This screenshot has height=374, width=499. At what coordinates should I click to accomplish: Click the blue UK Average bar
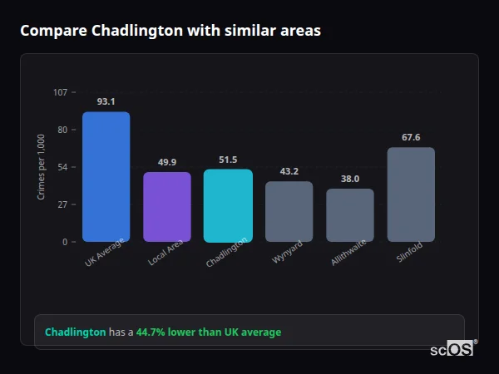coord(106,177)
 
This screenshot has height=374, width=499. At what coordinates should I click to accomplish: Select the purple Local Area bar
coord(167,207)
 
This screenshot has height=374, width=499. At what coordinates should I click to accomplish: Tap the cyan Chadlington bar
coord(228,205)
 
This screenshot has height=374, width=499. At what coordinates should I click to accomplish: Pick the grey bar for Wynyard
coord(289,211)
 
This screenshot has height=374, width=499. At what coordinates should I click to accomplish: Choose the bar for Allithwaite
coord(350,215)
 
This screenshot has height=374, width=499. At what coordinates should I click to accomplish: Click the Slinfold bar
coord(411,194)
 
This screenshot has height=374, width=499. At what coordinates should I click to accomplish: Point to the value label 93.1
coord(106,101)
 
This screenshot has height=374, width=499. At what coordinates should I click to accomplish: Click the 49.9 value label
coord(167,162)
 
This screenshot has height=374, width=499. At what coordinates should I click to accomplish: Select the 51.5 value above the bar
coord(228,160)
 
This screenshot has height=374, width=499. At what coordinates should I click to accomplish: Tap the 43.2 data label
coord(289,171)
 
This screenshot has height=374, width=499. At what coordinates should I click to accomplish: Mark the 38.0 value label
coord(350,179)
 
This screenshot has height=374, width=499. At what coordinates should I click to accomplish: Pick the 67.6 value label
coord(411,137)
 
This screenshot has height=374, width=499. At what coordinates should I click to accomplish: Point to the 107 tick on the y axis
coord(60,92)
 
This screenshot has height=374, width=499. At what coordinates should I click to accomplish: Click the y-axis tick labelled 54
coord(62,167)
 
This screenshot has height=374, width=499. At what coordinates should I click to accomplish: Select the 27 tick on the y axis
coord(62,204)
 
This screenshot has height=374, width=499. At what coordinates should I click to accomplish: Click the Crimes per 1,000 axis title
coord(42,167)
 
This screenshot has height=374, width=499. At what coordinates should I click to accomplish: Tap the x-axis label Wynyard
coord(287,253)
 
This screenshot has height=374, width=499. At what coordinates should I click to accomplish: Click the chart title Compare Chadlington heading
coord(170,31)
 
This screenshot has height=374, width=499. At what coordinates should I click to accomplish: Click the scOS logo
coord(452,350)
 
